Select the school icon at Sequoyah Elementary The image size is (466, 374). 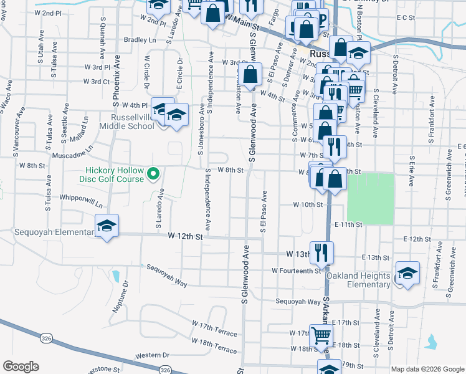(107, 226)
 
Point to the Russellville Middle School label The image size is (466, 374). (132, 122)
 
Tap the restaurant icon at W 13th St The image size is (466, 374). (321, 252)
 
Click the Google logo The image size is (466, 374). (21, 367)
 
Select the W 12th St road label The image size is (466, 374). (186, 236)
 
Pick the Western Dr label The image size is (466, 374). (152, 355)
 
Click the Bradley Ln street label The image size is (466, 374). (140, 39)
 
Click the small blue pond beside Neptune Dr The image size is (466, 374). (117, 275)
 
